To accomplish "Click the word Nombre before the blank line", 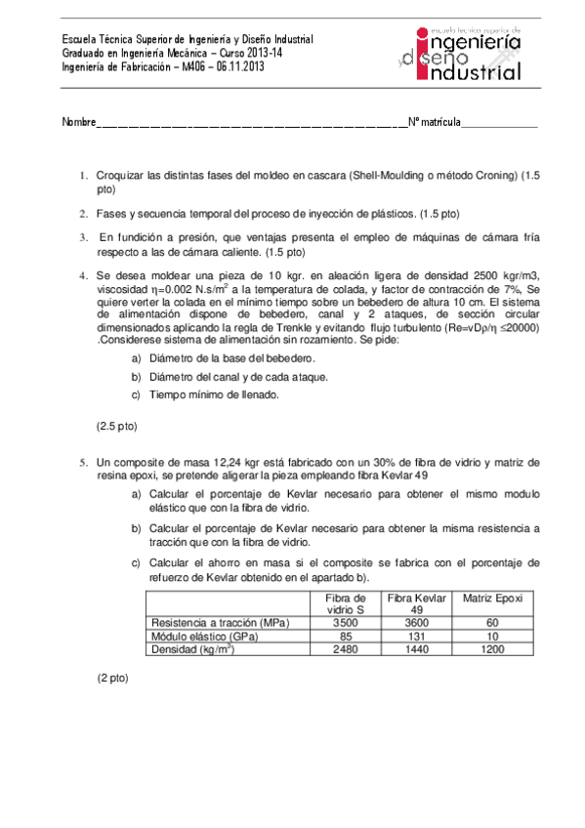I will click(79, 122).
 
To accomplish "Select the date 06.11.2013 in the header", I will click(239, 66).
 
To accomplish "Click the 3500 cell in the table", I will click(346, 622).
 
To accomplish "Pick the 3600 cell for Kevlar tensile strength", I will click(416, 622).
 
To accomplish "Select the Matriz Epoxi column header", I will click(492, 598).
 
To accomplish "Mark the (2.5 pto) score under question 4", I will click(116, 426).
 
